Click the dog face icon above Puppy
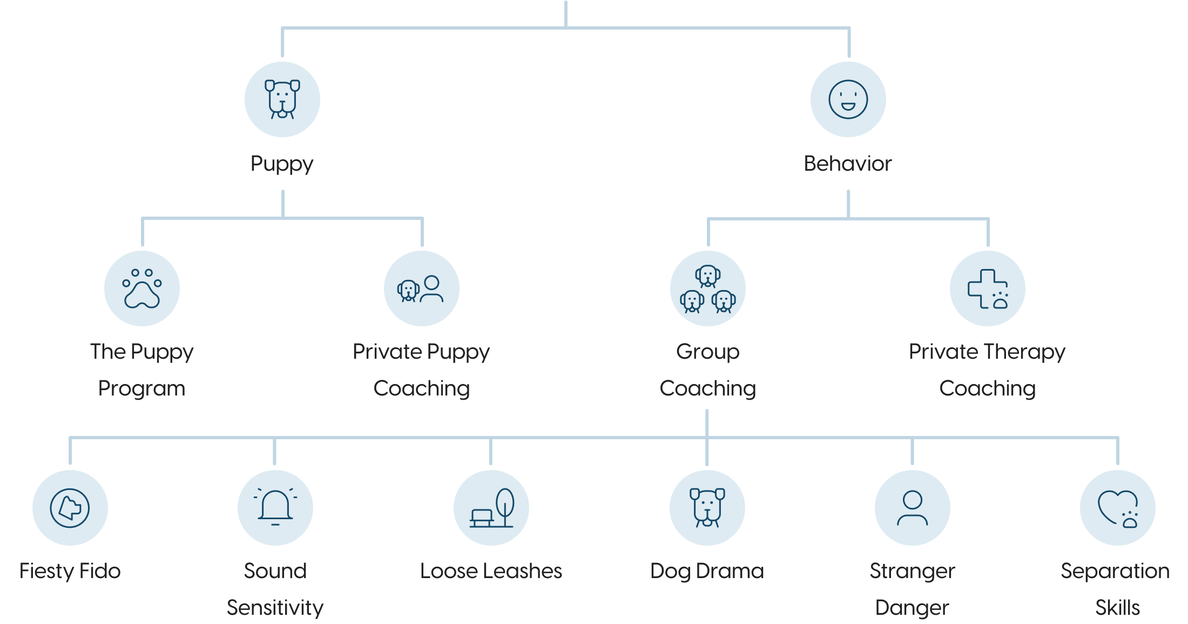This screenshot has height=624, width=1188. [x=282, y=99]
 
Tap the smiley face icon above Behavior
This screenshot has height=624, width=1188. [x=848, y=99]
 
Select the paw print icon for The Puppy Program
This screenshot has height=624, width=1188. [x=142, y=288]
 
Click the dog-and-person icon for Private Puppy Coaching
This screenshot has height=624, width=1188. [x=422, y=288]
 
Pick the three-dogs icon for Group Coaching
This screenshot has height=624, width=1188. [x=707, y=288]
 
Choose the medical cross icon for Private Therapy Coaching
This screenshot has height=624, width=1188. [x=987, y=288]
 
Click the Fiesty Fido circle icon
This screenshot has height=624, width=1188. [x=70, y=508]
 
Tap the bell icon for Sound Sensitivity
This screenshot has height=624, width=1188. [x=275, y=508]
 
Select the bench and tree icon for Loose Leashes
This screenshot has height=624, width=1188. [x=491, y=508]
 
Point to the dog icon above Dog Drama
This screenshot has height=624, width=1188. [x=707, y=508]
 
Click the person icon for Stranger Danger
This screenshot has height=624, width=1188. [x=912, y=508]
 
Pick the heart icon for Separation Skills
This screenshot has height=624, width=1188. [x=1118, y=508]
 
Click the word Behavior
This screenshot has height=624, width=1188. [x=847, y=164]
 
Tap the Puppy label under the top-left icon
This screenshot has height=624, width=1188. [x=282, y=164]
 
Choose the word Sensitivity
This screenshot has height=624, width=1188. [x=275, y=608]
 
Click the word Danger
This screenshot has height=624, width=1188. [x=912, y=608]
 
